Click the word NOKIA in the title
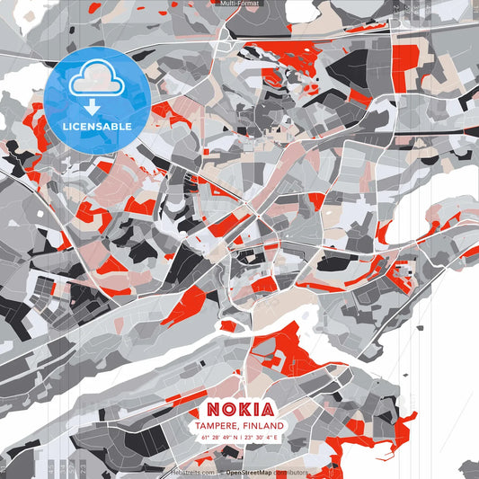point(239,409)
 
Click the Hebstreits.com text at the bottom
point(193,472)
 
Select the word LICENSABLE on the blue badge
point(97,127)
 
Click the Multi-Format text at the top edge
point(239,4)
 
